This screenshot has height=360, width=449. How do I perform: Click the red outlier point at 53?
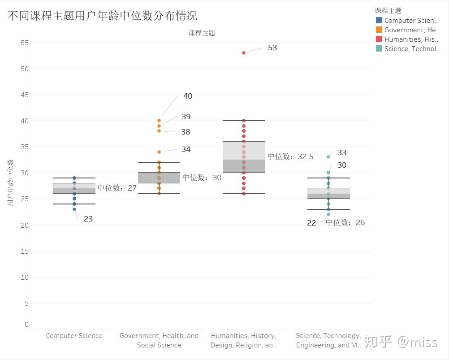244,53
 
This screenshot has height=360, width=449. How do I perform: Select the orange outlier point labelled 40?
159,121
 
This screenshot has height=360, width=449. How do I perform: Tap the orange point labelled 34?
159,152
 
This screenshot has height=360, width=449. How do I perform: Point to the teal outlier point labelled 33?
328,157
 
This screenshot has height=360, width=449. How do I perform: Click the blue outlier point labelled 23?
74,209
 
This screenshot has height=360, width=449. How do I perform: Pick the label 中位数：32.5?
290,156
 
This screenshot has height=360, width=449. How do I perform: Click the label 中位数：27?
117,188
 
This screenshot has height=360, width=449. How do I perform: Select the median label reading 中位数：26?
345,222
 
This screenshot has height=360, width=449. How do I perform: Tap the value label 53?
272,48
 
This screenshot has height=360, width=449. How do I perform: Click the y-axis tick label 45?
24,95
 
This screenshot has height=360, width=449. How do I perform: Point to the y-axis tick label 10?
24,277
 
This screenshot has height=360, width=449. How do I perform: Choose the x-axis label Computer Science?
74,336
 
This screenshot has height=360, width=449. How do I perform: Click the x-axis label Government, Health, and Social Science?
159,340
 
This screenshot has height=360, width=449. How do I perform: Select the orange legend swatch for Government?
379,30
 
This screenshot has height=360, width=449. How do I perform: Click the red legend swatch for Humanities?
379,39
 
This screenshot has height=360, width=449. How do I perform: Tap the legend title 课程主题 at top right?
388,10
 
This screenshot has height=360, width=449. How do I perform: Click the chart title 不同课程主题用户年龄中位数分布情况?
102,16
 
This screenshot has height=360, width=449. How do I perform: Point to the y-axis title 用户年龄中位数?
11,182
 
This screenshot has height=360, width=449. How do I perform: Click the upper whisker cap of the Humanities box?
244,121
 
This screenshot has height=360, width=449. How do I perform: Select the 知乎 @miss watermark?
401,342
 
